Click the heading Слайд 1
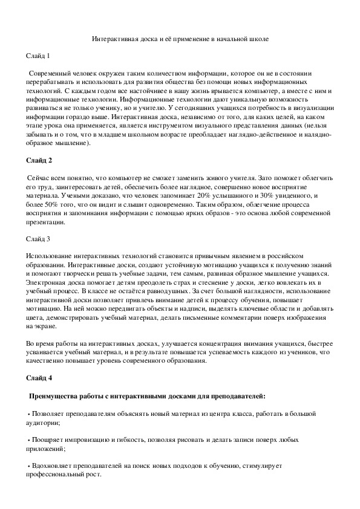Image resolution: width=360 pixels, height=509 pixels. tap(39, 56)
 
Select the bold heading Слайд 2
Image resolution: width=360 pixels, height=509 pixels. tap(39, 160)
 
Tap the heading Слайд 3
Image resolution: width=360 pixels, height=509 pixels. tap(39, 239)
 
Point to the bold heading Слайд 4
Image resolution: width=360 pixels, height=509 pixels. tap(39, 378)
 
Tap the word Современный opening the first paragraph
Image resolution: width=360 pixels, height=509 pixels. tap(50, 73)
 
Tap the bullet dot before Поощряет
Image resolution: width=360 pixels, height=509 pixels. tap(29, 440)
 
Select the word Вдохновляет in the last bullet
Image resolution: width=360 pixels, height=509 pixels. tap(52, 467)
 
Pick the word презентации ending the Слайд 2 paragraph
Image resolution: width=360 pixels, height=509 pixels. tap(47, 222)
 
